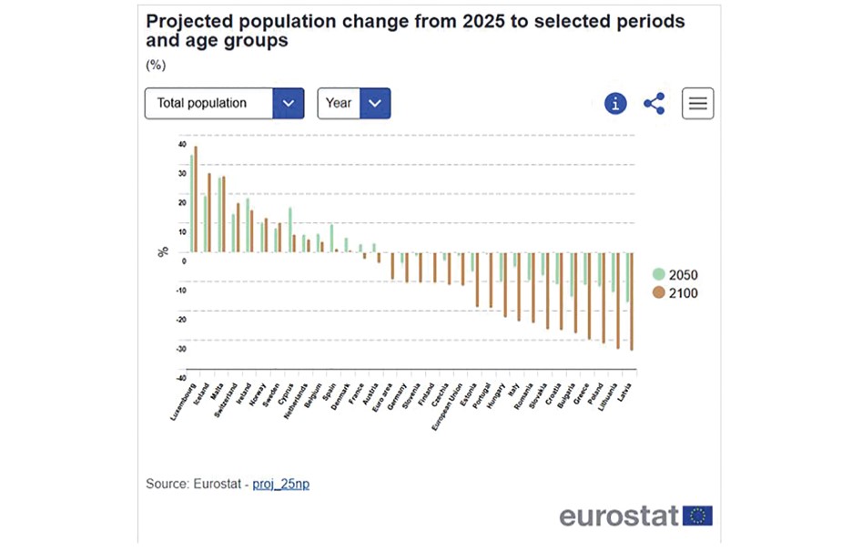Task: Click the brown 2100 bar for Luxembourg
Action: [196, 199]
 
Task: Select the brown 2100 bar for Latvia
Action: [632, 302]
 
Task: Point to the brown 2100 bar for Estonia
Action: [477, 280]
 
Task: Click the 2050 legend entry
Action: [677, 275]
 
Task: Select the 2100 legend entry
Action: [677, 293]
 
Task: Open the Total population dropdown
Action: [224, 103]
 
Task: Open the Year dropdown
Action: [353, 103]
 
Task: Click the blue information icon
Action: [616, 103]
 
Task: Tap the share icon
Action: [654, 103]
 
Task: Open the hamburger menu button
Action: [698, 103]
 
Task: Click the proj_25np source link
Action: [280, 484]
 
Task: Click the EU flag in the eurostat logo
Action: [698, 516]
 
